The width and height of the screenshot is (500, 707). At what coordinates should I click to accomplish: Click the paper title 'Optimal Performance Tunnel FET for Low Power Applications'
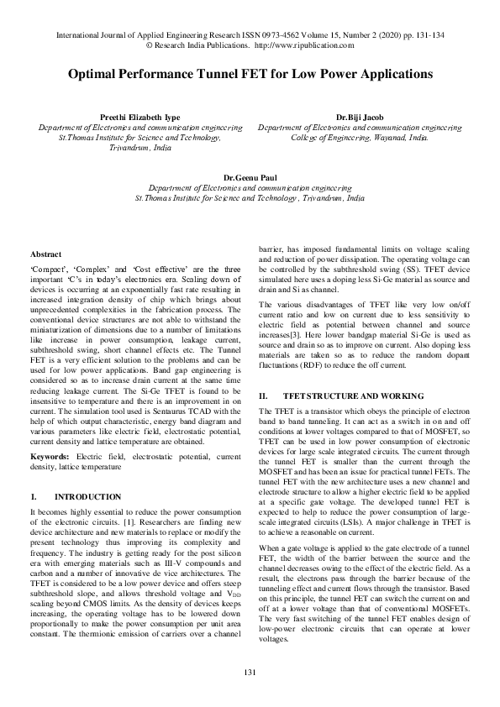click(250, 74)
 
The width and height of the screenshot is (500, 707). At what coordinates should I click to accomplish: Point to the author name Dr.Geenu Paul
click(250, 179)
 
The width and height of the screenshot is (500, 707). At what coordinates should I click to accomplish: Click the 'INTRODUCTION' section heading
click(88, 497)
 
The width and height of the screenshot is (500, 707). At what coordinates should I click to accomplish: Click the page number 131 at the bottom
click(250, 673)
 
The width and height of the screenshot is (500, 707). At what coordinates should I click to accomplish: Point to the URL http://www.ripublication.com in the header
click(303, 45)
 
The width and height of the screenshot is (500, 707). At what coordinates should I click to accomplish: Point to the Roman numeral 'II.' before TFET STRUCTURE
click(263, 395)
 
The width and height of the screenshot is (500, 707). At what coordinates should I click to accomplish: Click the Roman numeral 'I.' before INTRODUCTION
click(33, 497)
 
